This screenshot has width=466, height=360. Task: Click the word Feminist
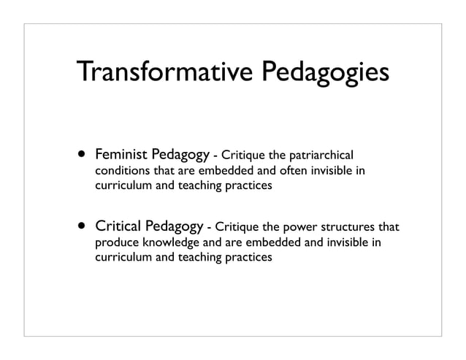(x=121, y=156)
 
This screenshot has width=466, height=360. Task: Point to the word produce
(x=117, y=242)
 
